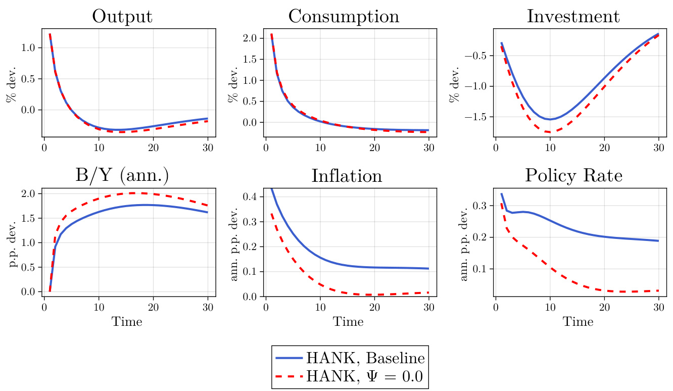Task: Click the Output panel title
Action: coord(122,16)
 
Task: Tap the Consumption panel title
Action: coord(344,16)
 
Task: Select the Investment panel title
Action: coord(573,16)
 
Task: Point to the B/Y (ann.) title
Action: coord(122,175)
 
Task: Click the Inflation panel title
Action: coord(347,175)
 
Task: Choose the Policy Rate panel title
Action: coord(573,175)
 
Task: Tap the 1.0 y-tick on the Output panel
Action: coord(29,47)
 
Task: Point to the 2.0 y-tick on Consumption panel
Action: coord(250,38)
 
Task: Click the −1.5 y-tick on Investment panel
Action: coord(475,117)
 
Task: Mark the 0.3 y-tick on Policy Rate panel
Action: coord(480,206)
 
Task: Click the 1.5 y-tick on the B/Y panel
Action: coord(29,218)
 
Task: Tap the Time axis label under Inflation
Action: coord(348,322)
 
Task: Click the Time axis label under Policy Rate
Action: coord(578,322)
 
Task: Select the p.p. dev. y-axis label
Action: coord(13,242)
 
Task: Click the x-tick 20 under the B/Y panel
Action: coord(154,307)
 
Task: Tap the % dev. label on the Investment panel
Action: coord(454,83)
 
